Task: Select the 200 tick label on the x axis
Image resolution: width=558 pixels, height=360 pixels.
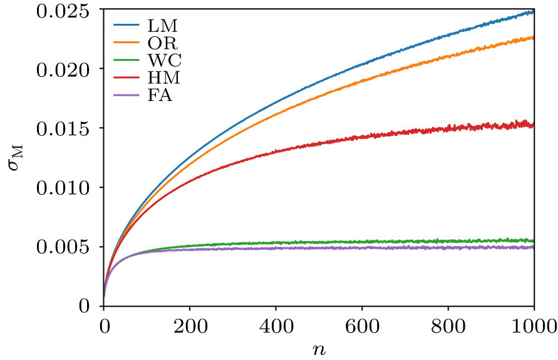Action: (x=190, y=325)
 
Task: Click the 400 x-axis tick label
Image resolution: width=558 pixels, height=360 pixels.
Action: (x=276, y=325)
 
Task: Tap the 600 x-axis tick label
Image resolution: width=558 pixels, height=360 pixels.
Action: (x=362, y=325)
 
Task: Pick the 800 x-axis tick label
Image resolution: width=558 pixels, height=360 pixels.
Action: (x=448, y=325)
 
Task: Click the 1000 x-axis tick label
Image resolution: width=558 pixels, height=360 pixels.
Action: (x=534, y=325)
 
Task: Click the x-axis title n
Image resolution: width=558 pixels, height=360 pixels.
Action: (x=319, y=348)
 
